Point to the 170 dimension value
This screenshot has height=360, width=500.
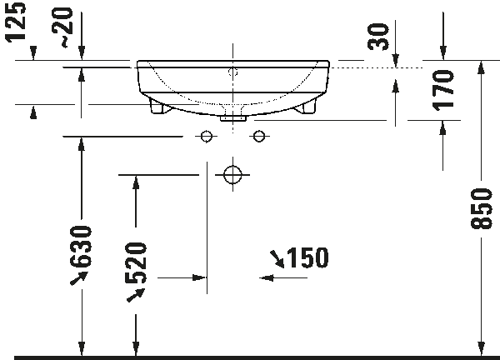click(x=443, y=90)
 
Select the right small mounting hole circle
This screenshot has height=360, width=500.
click(x=258, y=136)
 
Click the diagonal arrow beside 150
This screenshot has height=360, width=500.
click(x=276, y=261)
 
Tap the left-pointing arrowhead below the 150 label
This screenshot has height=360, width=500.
click(x=267, y=277)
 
